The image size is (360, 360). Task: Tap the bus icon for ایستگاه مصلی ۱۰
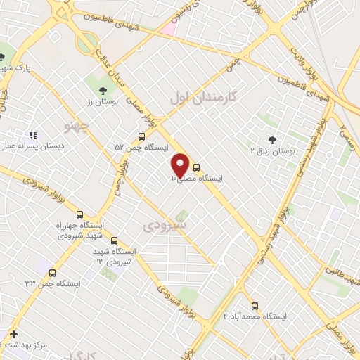[x=196, y=168]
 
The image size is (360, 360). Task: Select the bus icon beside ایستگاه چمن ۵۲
[x=142, y=137]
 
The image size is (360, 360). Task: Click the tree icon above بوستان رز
[x=103, y=91]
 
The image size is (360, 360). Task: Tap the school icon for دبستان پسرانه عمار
[x=32, y=134]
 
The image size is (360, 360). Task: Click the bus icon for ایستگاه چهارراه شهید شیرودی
[x=79, y=214]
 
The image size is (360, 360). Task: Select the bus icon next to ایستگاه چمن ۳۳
[x=54, y=273]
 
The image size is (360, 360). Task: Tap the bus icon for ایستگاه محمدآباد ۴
[x=255, y=307]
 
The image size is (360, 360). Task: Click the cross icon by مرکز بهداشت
[x=13, y=334]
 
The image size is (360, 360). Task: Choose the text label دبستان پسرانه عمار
[x=34, y=146]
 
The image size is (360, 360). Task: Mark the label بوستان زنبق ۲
[x=273, y=151]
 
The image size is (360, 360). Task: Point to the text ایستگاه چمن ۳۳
[x=53, y=284]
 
